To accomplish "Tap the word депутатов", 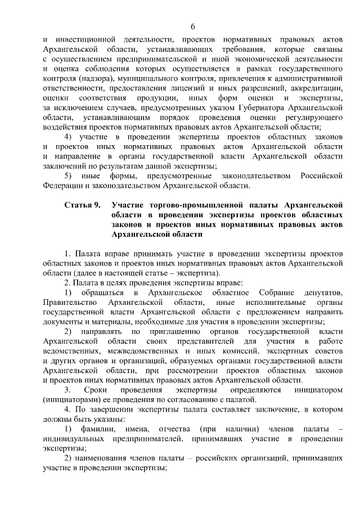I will click(322, 292).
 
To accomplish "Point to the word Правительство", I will click(70, 303).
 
